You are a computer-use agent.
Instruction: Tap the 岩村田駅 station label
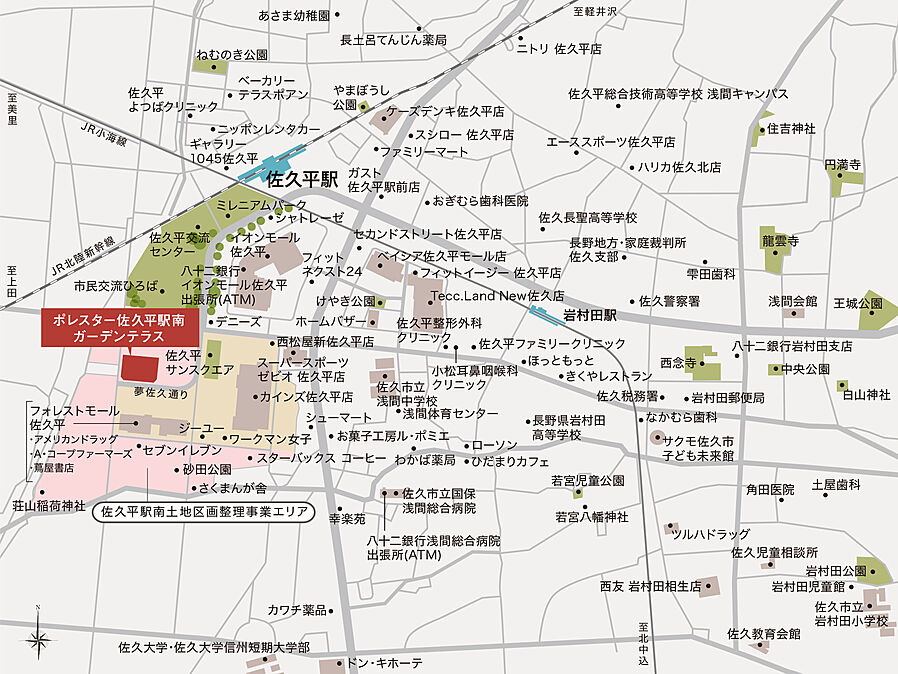(x=591, y=315)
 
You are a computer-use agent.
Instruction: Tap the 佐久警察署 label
(x=669, y=300)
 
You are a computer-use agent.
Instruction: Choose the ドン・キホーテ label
(x=385, y=663)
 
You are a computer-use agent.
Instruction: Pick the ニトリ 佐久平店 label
(x=559, y=48)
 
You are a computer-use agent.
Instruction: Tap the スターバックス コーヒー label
(x=322, y=457)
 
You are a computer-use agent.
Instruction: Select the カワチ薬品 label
(x=297, y=609)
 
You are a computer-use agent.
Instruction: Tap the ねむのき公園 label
(x=232, y=54)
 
